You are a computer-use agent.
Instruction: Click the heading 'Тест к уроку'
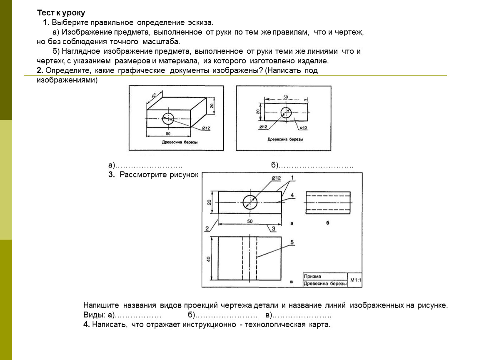(x=61, y=13)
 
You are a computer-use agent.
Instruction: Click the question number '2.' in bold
(x=40, y=70)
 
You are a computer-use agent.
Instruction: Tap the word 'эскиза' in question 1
(x=200, y=22)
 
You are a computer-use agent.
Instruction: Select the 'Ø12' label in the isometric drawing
(x=206, y=128)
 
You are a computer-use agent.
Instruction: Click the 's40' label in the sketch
(x=303, y=128)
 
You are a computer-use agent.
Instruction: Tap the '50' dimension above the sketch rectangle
(x=286, y=97)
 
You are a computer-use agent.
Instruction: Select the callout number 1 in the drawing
(x=292, y=177)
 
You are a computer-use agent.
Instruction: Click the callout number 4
(x=292, y=195)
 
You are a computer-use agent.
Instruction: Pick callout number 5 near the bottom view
(x=292, y=242)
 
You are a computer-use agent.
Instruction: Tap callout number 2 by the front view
(x=207, y=228)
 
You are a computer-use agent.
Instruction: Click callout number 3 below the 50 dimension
(x=273, y=228)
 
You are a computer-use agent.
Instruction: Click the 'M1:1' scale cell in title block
(x=356, y=280)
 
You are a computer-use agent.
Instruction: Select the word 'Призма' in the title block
(x=312, y=276)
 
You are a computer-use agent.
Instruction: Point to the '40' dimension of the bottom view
(x=209, y=259)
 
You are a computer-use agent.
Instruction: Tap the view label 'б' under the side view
(x=328, y=223)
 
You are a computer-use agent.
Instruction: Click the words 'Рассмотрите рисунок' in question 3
(x=159, y=175)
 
